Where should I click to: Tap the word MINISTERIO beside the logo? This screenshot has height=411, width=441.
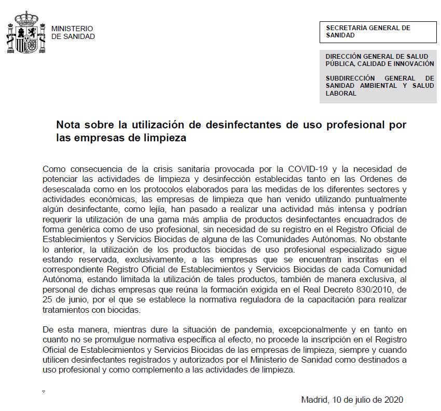pos(72,29)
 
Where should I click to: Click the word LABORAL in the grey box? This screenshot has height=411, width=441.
pos(341,94)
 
